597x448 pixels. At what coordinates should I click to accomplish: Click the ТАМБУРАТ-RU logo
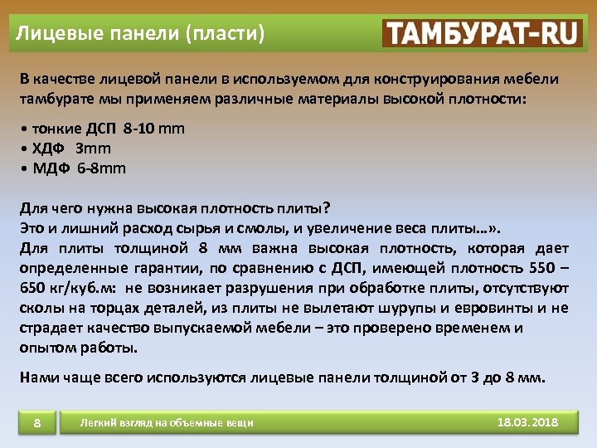click(x=483, y=33)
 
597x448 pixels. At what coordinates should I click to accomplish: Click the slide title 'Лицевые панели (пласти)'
click(x=141, y=34)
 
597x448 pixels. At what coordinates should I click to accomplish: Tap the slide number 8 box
click(x=37, y=424)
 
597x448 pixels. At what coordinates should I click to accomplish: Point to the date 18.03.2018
click(x=527, y=422)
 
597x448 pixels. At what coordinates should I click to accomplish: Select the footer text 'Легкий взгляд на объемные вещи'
click(x=166, y=423)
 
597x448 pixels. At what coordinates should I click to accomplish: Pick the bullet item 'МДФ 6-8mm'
click(x=79, y=168)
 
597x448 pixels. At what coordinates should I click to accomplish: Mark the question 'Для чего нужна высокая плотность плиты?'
click(x=174, y=207)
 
